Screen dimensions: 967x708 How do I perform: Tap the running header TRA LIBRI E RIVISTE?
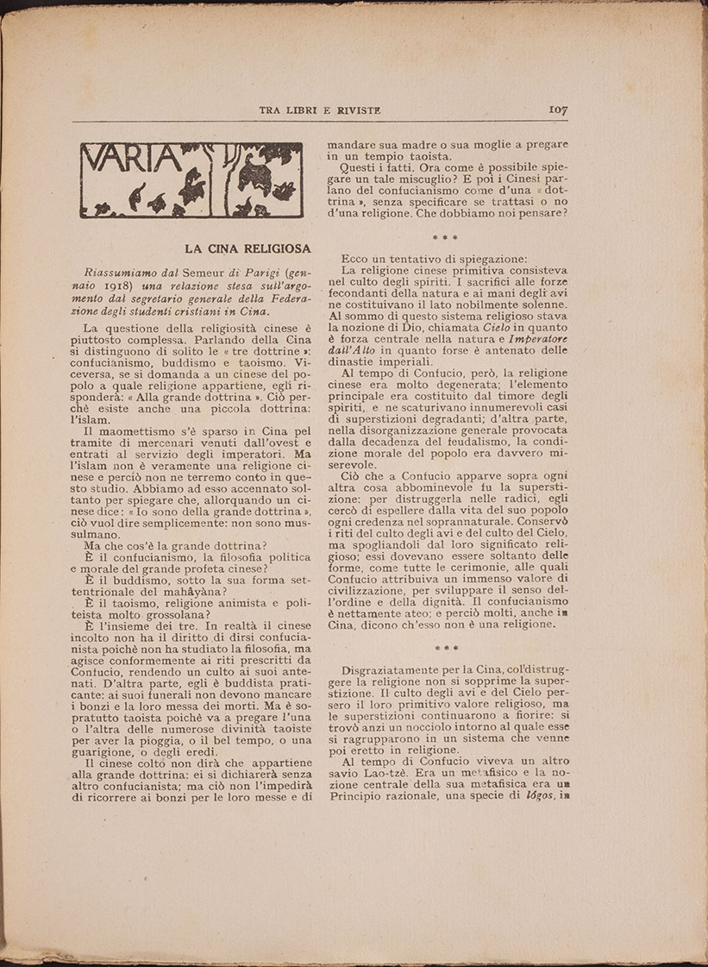tap(320, 110)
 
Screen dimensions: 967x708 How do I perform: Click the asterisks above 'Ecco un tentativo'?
tap(445, 238)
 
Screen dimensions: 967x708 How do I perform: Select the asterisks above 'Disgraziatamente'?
tap(445, 646)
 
